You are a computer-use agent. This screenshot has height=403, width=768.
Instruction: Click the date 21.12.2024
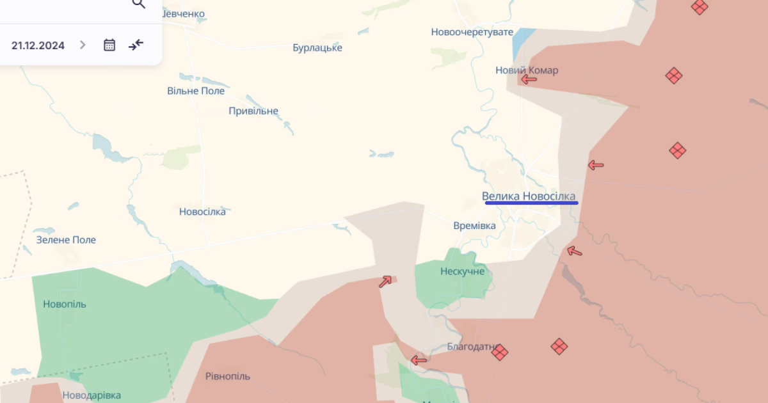click(38, 45)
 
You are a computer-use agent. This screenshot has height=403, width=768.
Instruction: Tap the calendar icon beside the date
click(109, 45)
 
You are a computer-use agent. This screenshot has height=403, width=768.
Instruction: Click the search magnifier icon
click(138, 4)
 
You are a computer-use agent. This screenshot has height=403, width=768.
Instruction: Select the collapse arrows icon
click(136, 45)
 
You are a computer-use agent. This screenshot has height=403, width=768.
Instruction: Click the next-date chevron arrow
click(83, 45)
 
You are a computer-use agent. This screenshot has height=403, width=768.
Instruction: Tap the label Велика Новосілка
click(529, 196)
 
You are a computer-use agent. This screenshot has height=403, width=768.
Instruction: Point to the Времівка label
click(474, 226)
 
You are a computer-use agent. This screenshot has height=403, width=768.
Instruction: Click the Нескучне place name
click(462, 271)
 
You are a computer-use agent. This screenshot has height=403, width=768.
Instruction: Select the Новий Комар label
click(527, 70)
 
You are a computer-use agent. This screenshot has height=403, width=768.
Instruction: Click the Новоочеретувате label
click(472, 32)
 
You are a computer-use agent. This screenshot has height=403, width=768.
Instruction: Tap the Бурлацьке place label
click(317, 48)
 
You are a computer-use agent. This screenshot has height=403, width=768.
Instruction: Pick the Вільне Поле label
click(196, 91)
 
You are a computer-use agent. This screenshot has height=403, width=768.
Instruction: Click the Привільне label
click(253, 111)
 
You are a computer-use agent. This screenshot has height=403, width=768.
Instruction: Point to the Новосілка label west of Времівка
click(202, 212)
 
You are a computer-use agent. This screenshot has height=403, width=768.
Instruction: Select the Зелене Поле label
click(66, 240)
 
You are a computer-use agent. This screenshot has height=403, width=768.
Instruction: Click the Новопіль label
click(65, 304)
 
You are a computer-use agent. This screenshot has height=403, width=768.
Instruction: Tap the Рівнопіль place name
click(228, 376)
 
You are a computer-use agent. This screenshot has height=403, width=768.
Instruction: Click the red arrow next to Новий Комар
click(529, 79)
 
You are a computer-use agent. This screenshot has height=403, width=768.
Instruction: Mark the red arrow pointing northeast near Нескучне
click(385, 281)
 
